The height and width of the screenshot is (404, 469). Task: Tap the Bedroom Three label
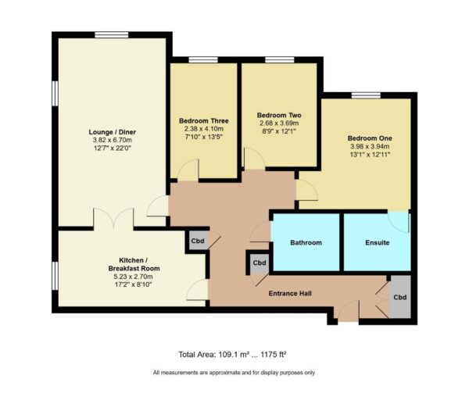click(x=203, y=121)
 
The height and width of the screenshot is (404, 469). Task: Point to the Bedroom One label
click(x=370, y=138)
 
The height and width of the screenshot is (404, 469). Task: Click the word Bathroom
click(x=306, y=243)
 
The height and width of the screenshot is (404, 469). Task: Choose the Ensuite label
click(x=377, y=243)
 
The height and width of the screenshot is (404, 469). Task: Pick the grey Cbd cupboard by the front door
click(x=399, y=297)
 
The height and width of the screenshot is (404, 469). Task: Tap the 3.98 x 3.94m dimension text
click(x=370, y=147)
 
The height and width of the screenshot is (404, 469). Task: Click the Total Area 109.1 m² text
click(x=233, y=354)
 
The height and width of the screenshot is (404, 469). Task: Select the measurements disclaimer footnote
click(x=234, y=373)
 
